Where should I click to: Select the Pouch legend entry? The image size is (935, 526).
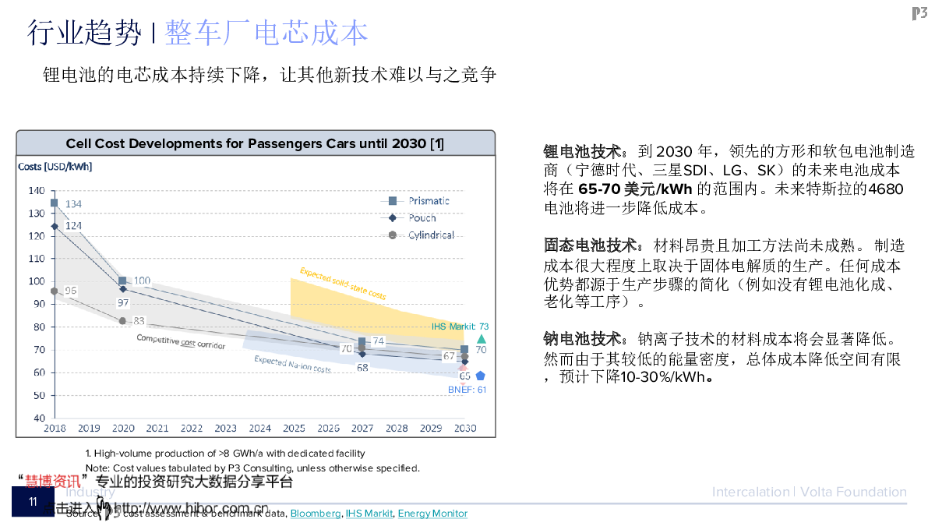[422, 218]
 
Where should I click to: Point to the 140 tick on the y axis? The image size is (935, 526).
[37, 191]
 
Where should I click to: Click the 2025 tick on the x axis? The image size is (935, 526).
[294, 429]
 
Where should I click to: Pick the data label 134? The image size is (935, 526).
[73, 204]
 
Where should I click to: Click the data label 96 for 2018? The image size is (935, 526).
[70, 291]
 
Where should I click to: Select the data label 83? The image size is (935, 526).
[139, 321]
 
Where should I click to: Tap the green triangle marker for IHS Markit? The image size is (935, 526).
[482, 339]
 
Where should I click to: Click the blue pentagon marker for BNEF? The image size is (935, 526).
[481, 376]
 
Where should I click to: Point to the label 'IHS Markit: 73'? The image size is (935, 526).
[460, 327]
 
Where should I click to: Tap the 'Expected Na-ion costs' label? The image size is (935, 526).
[292, 364]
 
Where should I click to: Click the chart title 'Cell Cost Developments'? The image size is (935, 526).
[255, 143]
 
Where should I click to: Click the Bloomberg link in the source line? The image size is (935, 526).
[316, 514]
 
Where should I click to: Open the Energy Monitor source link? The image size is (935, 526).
[432, 514]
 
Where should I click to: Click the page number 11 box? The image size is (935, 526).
[33, 502]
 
